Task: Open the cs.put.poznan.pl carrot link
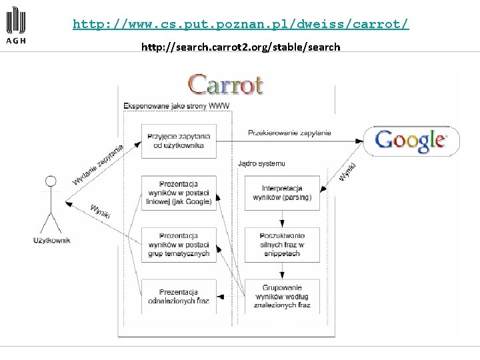click(x=241, y=25)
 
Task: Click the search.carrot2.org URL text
click(x=241, y=47)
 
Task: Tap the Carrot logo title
click(x=225, y=85)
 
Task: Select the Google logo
click(x=411, y=141)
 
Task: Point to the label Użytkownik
click(x=52, y=240)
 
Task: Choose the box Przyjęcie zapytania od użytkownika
click(x=178, y=141)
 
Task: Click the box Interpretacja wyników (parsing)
click(x=282, y=193)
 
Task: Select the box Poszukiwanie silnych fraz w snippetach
click(x=282, y=245)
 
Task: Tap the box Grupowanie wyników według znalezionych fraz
click(x=282, y=296)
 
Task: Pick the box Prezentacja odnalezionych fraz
click(x=178, y=296)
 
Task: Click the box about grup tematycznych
click(x=178, y=245)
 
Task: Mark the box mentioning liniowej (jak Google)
click(x=178, y=193)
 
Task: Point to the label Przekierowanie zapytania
click(x=289, y=133)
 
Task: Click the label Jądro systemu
click(x=261, y=163)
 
